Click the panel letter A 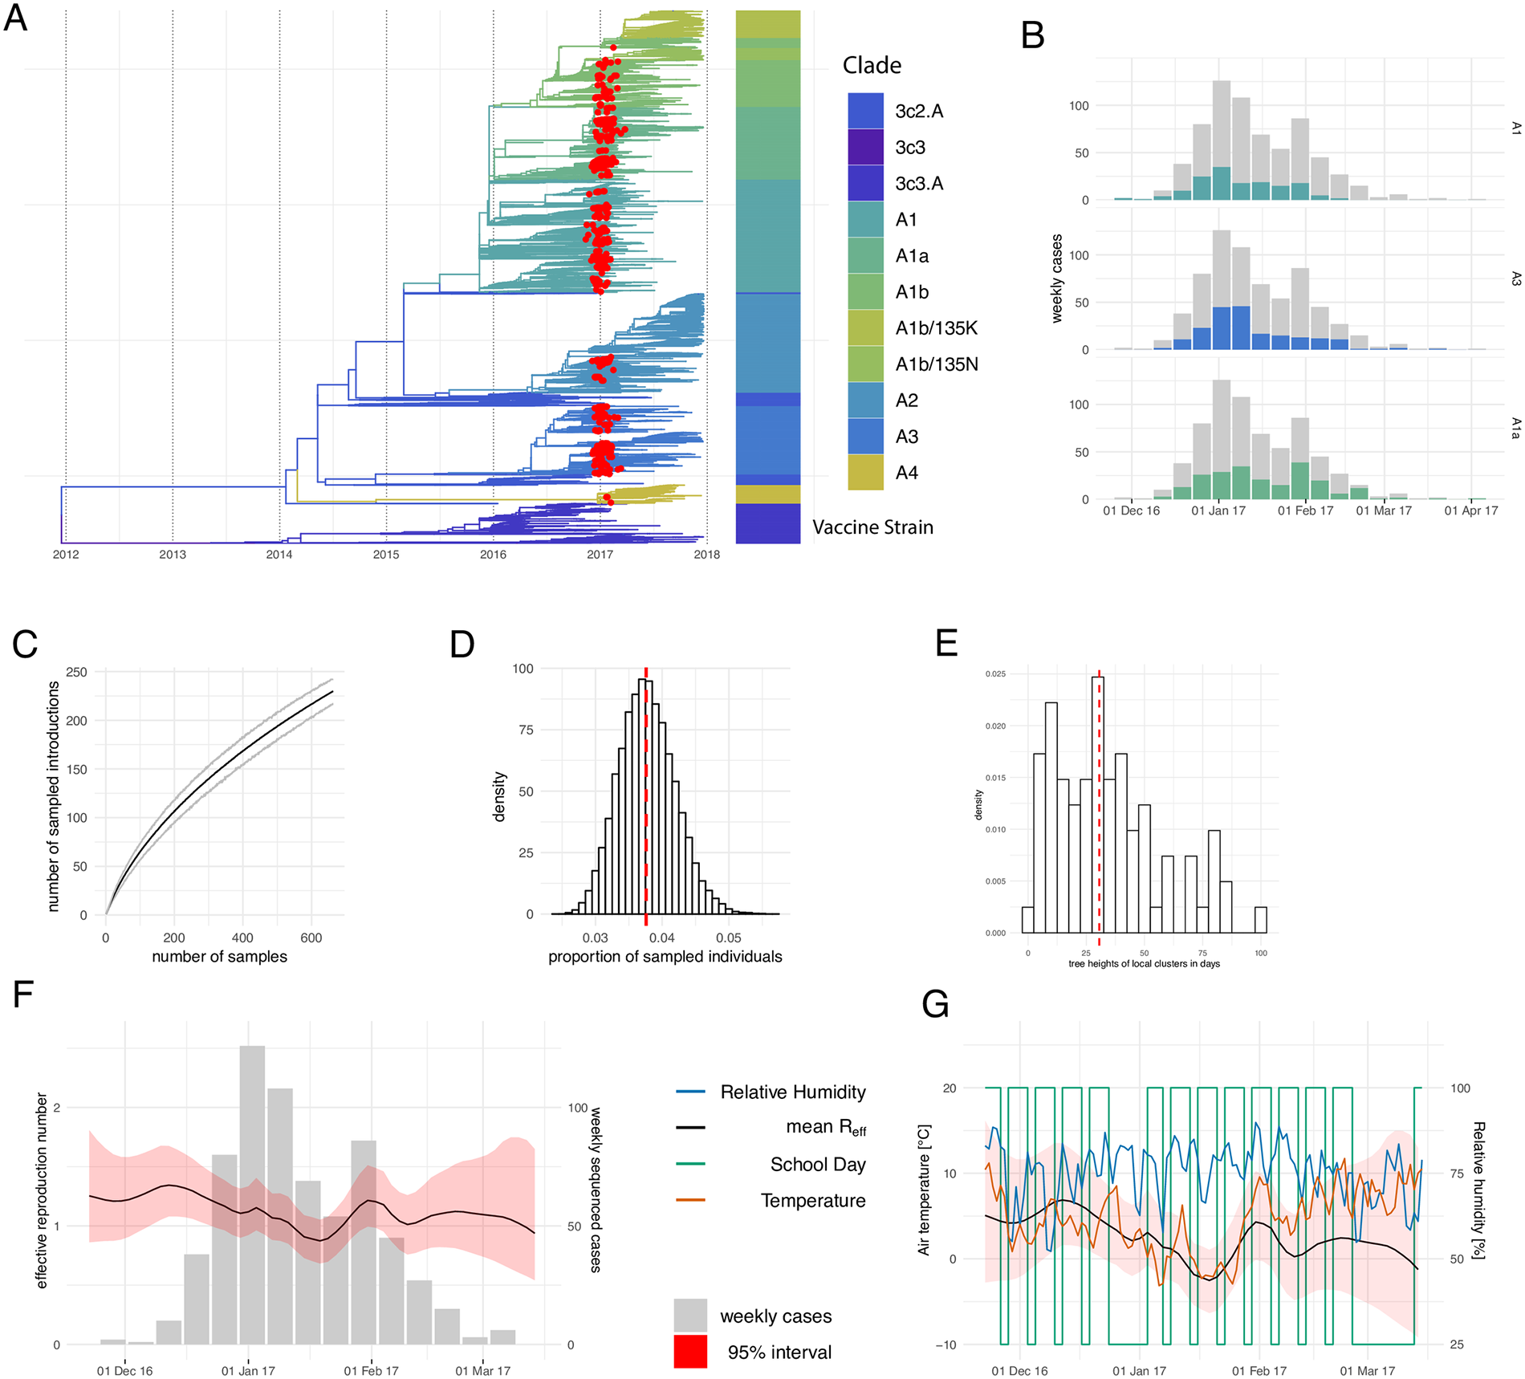tap(16, 18)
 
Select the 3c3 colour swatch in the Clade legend tap(865, 147)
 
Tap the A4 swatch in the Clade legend tap(865, 472)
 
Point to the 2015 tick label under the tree tap(386, 555)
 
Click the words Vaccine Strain tap(872, 527)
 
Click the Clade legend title tap(872, 66)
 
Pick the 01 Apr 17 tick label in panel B tap(1471, 511)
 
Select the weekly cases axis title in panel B tap(1057, 279)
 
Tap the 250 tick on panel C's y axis tap(77, 672)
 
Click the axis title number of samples tap(219, 957)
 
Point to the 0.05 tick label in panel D tap(729, 938)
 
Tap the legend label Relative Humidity tap(793, 1092)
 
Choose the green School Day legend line tap(690, 1164)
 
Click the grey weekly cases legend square tap(690, 1316)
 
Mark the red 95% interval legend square tap(690, 1352)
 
